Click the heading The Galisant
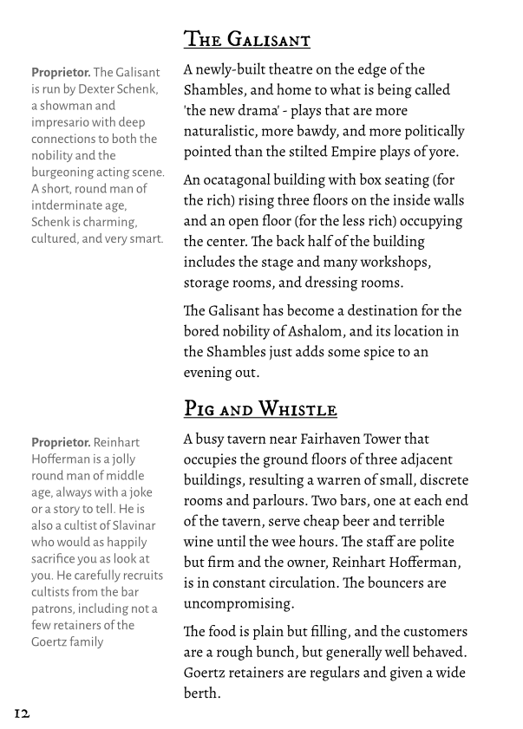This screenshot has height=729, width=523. [246, 40]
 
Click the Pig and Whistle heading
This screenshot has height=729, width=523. [260, 408]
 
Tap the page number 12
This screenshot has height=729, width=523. [22, 713]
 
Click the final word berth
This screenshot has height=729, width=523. [199, 693]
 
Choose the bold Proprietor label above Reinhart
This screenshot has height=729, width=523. [61, 443]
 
